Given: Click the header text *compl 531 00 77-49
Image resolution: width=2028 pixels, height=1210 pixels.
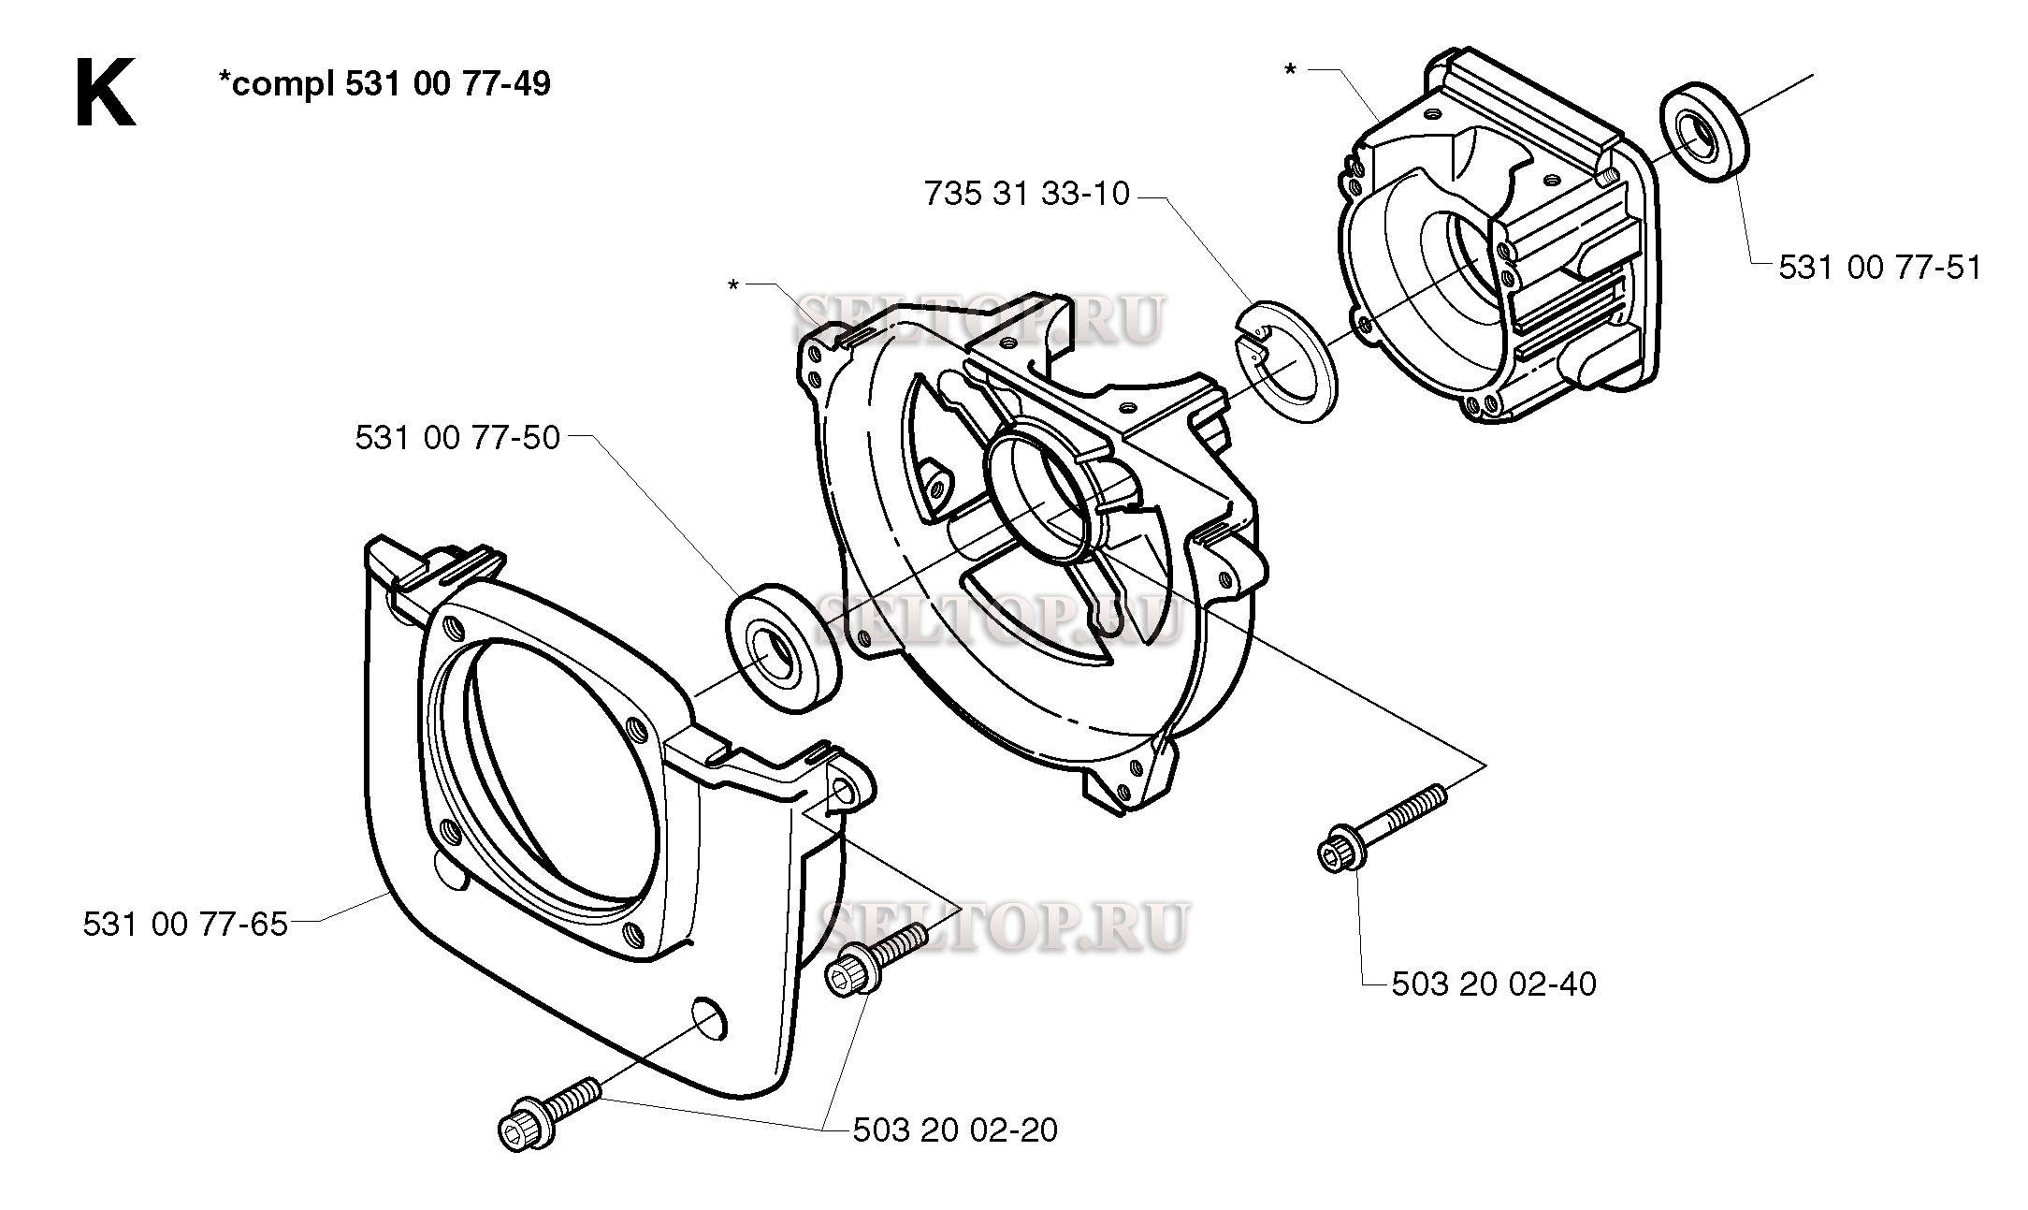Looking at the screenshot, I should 384,84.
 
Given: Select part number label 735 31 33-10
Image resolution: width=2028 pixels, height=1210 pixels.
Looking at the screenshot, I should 1026,195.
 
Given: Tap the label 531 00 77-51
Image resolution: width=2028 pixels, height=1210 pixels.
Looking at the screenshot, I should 1879,269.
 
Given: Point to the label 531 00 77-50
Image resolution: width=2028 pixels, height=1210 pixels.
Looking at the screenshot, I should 456,438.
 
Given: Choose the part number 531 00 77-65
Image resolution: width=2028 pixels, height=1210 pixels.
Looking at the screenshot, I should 185,925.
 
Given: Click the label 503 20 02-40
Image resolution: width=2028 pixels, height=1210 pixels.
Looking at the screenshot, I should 1494,984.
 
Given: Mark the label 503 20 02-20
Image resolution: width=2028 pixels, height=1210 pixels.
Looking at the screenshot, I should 955,1130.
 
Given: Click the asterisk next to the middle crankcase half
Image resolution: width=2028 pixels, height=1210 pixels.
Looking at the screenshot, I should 733,284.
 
